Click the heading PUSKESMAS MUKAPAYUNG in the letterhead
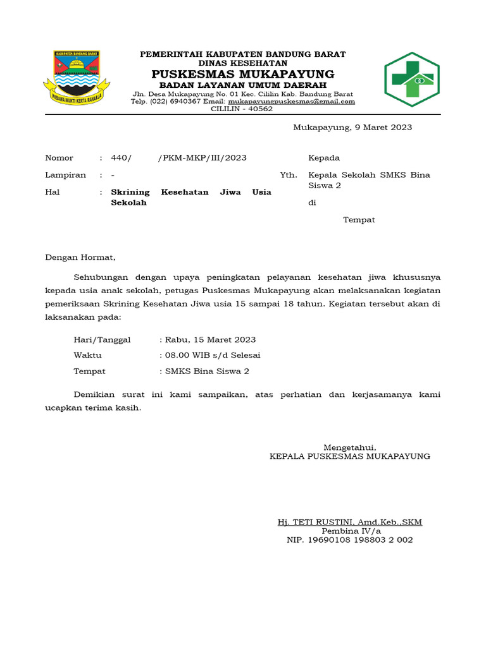(243, 75)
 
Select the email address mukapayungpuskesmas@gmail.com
(292, 101)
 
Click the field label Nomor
(59, 158)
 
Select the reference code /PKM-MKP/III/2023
(202, 158)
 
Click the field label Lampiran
(65, 175)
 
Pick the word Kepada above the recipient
(324, 158)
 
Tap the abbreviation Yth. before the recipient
(288, 175)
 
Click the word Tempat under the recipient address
(359, 220)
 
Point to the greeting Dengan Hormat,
(80, 257)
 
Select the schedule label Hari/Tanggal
(102, 339)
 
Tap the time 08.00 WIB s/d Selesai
(213, 355)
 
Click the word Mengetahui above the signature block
(350, 447)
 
